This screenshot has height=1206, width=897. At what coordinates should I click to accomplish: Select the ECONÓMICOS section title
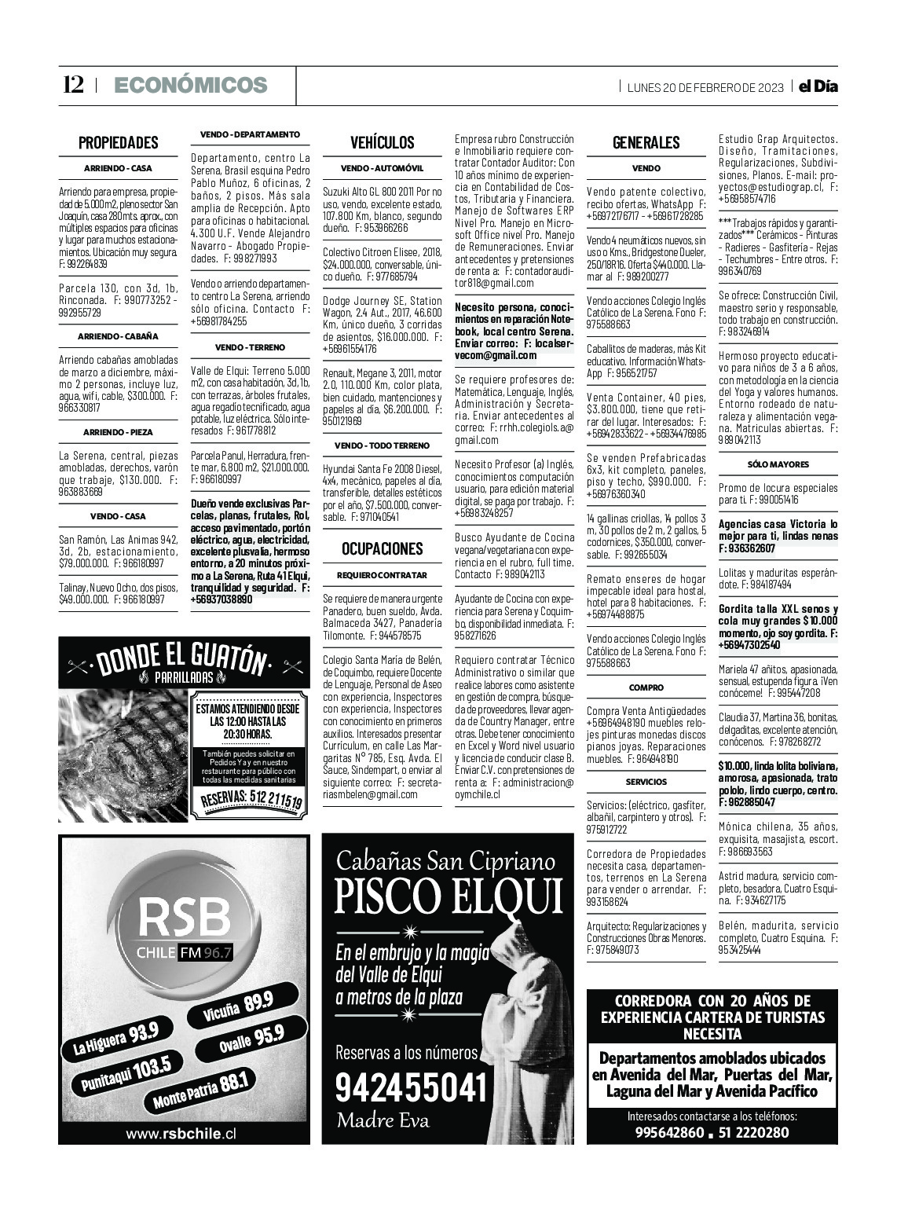[190, 85]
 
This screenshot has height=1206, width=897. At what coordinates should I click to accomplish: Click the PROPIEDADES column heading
[118, 142]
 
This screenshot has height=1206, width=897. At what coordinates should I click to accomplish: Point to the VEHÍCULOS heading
[382, 142]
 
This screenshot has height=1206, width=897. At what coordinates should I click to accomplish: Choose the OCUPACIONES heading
[382, 548]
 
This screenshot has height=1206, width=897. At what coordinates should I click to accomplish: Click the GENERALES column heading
[646, 142]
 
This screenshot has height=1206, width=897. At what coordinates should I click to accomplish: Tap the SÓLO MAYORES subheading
[778, 464]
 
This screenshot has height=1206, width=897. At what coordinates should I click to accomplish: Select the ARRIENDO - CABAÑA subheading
[118, 336]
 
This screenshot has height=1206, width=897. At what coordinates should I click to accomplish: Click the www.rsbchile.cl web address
[181, 1134]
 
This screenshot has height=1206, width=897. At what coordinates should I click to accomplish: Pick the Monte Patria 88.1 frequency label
[200, 1091]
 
